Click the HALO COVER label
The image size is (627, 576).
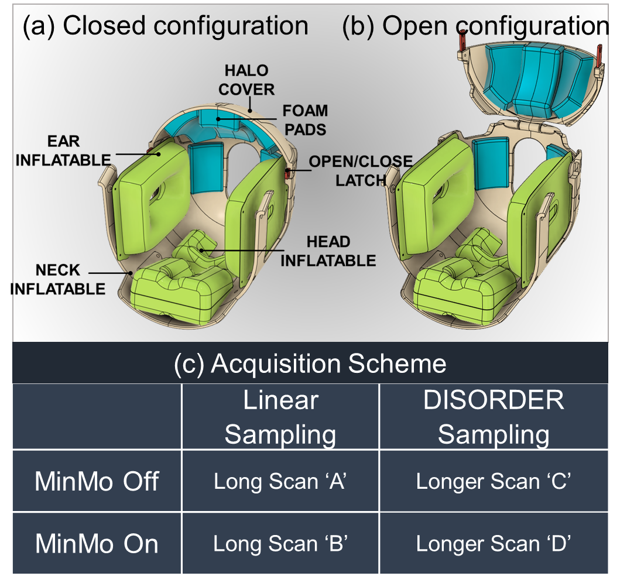tap(246, 80)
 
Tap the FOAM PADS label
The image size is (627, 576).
tap(305, 120)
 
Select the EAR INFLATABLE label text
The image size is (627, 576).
tap(63, 150)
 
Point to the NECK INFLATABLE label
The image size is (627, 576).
tap(58, 279)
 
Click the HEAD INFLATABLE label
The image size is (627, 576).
tap(328, 251)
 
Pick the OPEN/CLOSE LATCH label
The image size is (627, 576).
tap(360, 171)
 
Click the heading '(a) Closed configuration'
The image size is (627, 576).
tap(165, 26)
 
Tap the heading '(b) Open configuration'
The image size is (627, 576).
tap(475, 26)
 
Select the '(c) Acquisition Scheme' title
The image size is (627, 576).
tap(310, 364)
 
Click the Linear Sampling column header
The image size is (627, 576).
tap(280, 417)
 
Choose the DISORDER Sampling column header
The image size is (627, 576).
tap(494, 417)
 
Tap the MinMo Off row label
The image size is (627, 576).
tap(97, 481)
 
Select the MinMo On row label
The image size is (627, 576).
tap(97, 544)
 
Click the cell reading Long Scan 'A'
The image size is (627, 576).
tap(280, 481)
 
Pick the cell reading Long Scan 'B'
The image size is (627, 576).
tap(280, 544)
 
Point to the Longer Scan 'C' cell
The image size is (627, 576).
tap(494, 481)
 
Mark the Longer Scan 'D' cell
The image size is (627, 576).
tap(494, 544)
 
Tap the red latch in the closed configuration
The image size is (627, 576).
tap(287, 173)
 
